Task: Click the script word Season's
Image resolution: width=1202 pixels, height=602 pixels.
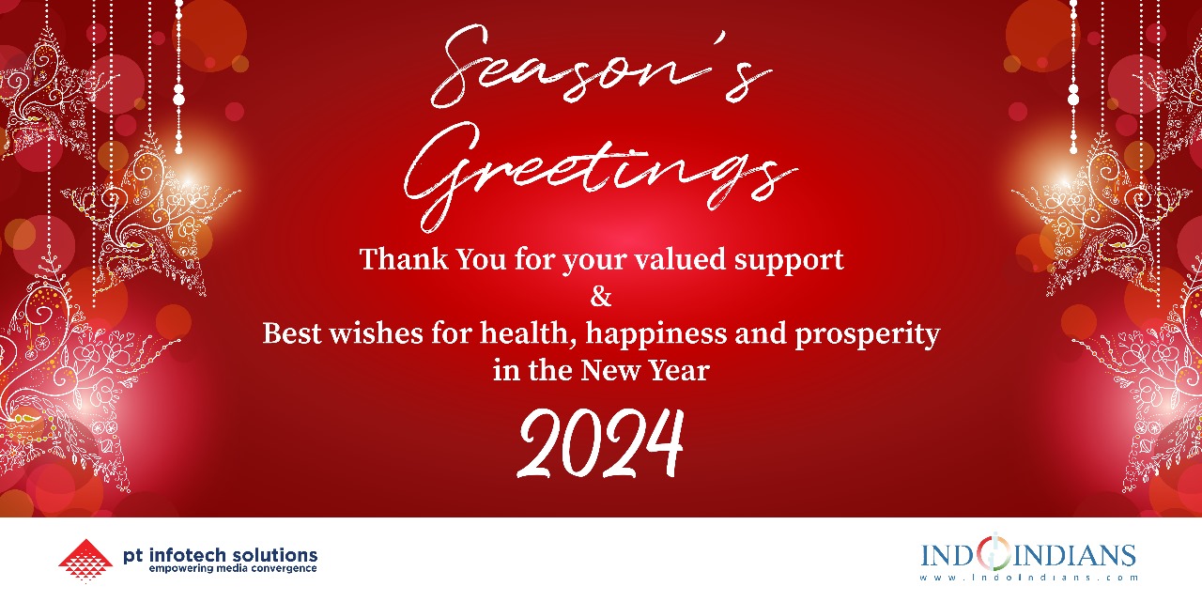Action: point(601,66)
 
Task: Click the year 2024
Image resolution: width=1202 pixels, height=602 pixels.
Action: point(601,443)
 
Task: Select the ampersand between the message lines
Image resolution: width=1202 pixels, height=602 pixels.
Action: point(601,296)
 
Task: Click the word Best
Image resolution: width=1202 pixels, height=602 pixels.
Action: point(292,332)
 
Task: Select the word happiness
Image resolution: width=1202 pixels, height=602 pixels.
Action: point(656,334)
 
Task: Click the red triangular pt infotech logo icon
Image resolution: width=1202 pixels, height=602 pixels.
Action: point(85,561)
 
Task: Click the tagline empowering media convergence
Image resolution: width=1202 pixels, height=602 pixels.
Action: point(233,568)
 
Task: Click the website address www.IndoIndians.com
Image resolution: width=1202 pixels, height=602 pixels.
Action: point(1029,578)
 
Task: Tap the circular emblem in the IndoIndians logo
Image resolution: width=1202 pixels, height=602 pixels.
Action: point(994,552)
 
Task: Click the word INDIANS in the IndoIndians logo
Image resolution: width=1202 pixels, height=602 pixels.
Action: point(1074,555)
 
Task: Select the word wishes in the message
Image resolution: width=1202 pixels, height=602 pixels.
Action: point(377,332)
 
